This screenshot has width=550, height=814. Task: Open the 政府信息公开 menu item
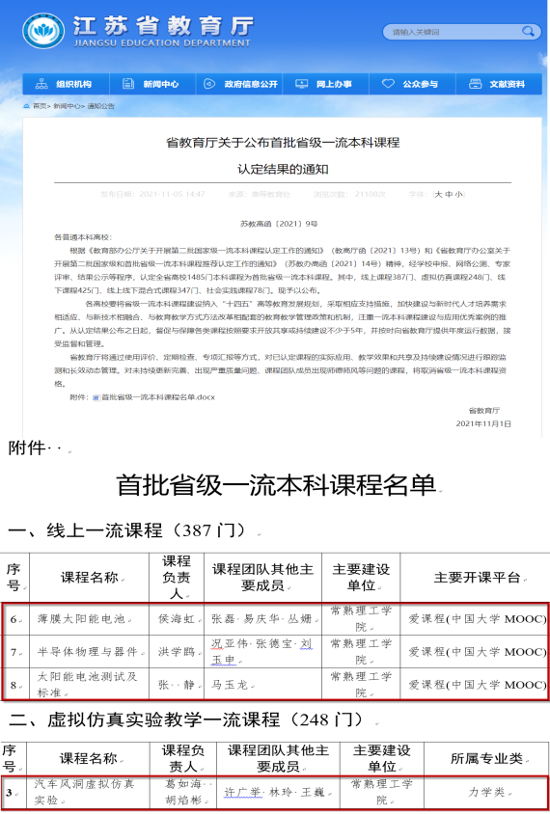[x=242, y=84]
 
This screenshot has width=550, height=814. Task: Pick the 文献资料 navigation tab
[x=498, y=84]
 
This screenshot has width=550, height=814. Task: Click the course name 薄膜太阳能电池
[x=77, y=620]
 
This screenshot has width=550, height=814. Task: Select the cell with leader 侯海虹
[x=176, y=620]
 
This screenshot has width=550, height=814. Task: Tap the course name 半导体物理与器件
[x=83, y=652]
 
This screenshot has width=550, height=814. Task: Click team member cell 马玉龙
[x=231, y=683]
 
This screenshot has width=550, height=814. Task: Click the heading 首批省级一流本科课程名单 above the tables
[x=274, y=484]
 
